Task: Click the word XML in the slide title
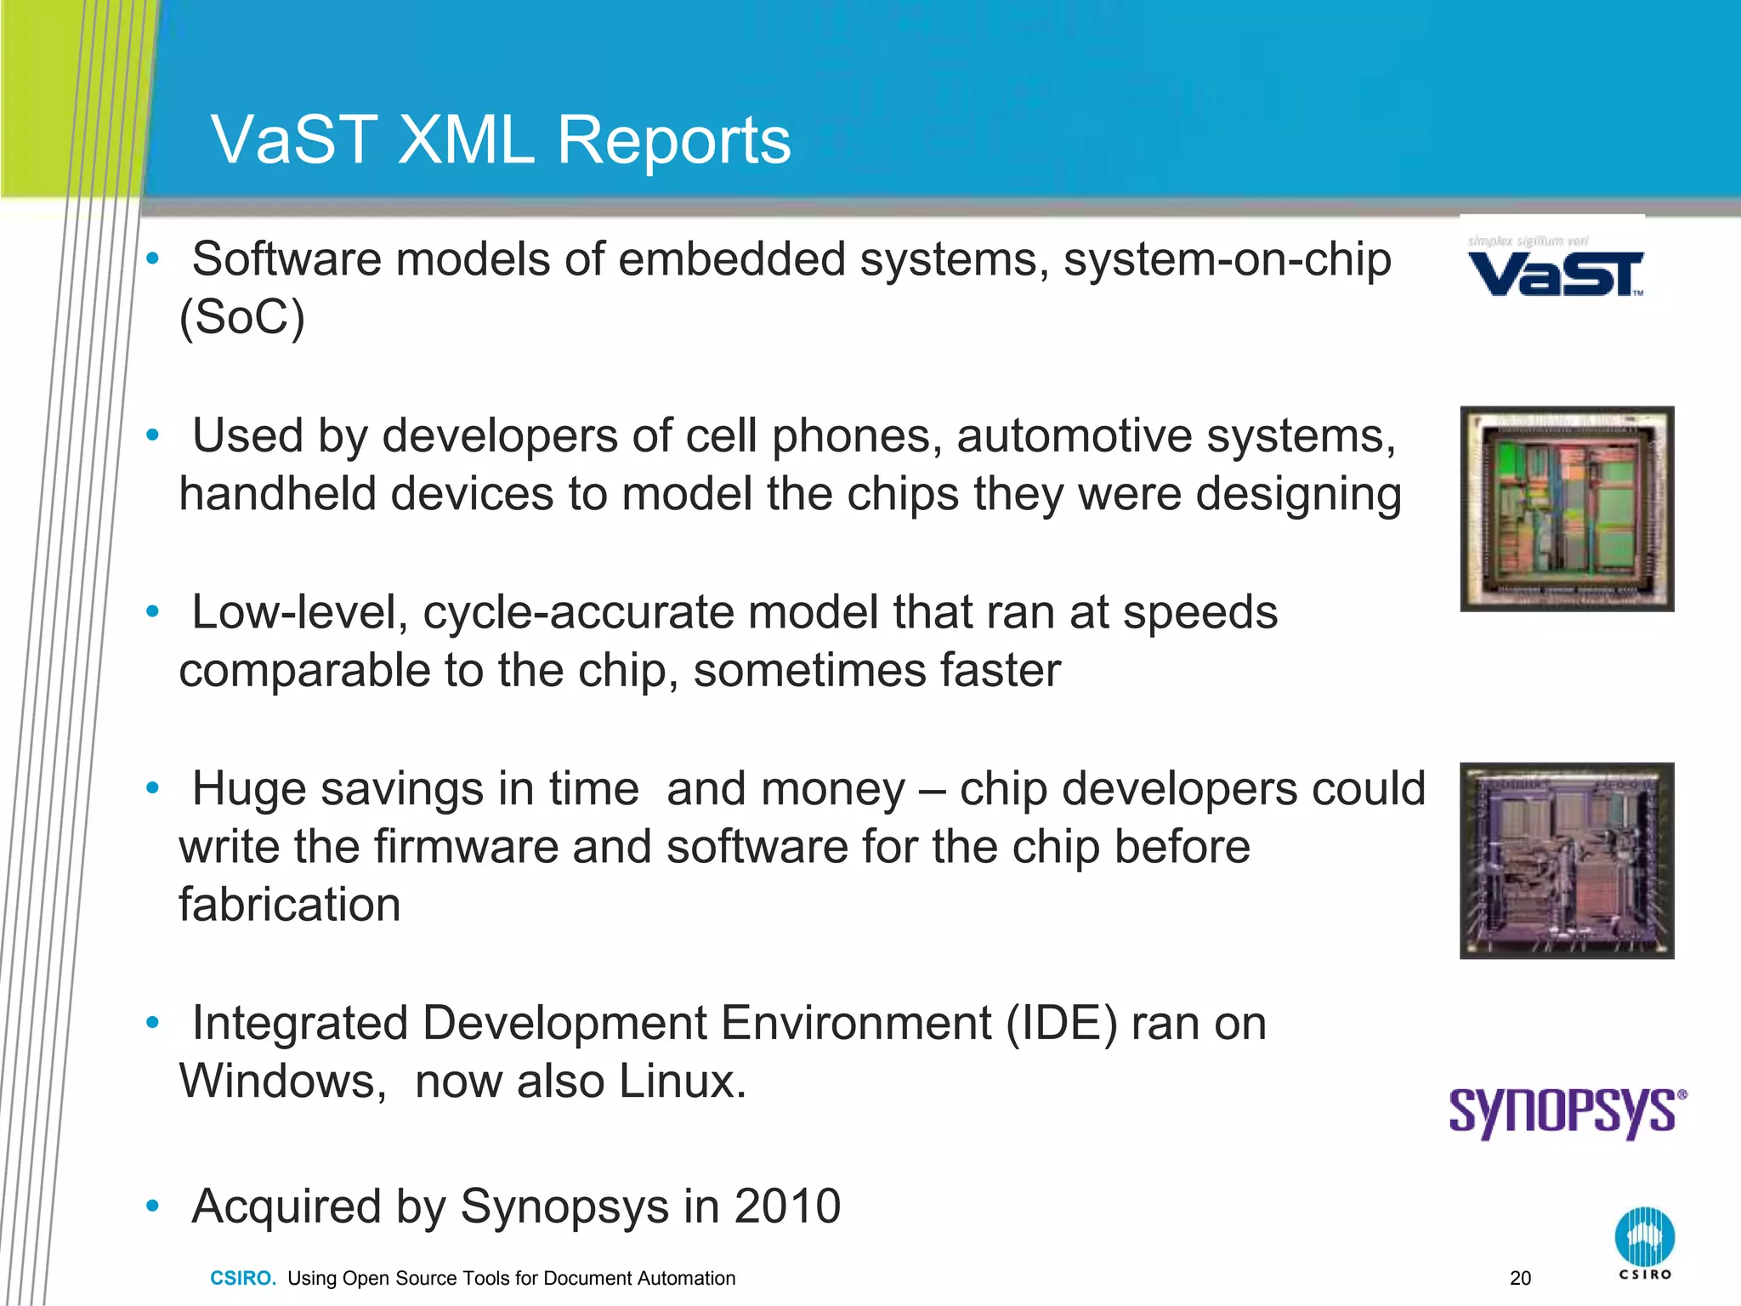466,140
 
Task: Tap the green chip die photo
1567,508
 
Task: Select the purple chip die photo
1567,860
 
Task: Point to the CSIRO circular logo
1644,1237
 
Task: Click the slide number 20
1520,1278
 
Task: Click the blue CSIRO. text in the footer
243,1278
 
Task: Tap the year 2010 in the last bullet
787,1206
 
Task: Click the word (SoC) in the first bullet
241,318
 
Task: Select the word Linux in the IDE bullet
682,1082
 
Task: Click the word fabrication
289,905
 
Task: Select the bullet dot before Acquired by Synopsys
152,1206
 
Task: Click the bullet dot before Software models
152,258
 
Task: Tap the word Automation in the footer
688,1278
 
